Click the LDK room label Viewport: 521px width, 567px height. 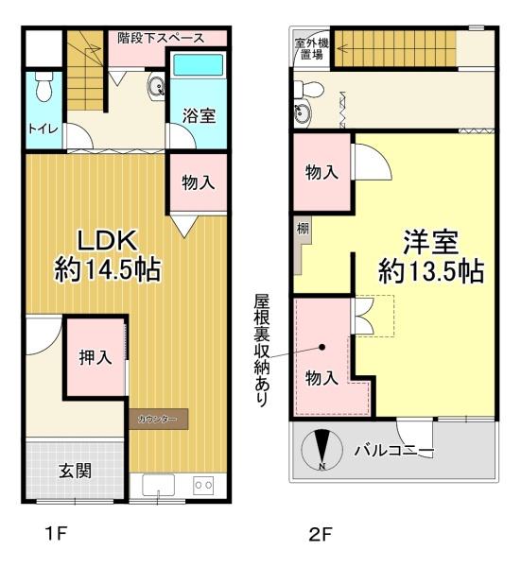point(105,238)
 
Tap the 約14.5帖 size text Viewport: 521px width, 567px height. point(107,270)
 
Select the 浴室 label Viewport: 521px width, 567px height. point(198,116)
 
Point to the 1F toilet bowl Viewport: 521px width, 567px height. point(41,89)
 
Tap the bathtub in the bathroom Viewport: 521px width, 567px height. point(198,67)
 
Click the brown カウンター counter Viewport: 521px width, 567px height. point(158,418)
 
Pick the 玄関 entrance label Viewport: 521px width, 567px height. point(77,470)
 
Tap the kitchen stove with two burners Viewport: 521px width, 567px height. point(203,485)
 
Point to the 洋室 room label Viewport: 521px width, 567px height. point(431,239)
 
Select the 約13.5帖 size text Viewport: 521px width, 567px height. point(431,271)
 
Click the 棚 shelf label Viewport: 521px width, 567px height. point(302,230)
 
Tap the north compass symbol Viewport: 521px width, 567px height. point(322,448)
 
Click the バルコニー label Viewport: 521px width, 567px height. point(393,449)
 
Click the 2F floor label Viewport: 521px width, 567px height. point(321,535)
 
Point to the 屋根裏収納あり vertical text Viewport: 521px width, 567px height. point(262,350)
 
